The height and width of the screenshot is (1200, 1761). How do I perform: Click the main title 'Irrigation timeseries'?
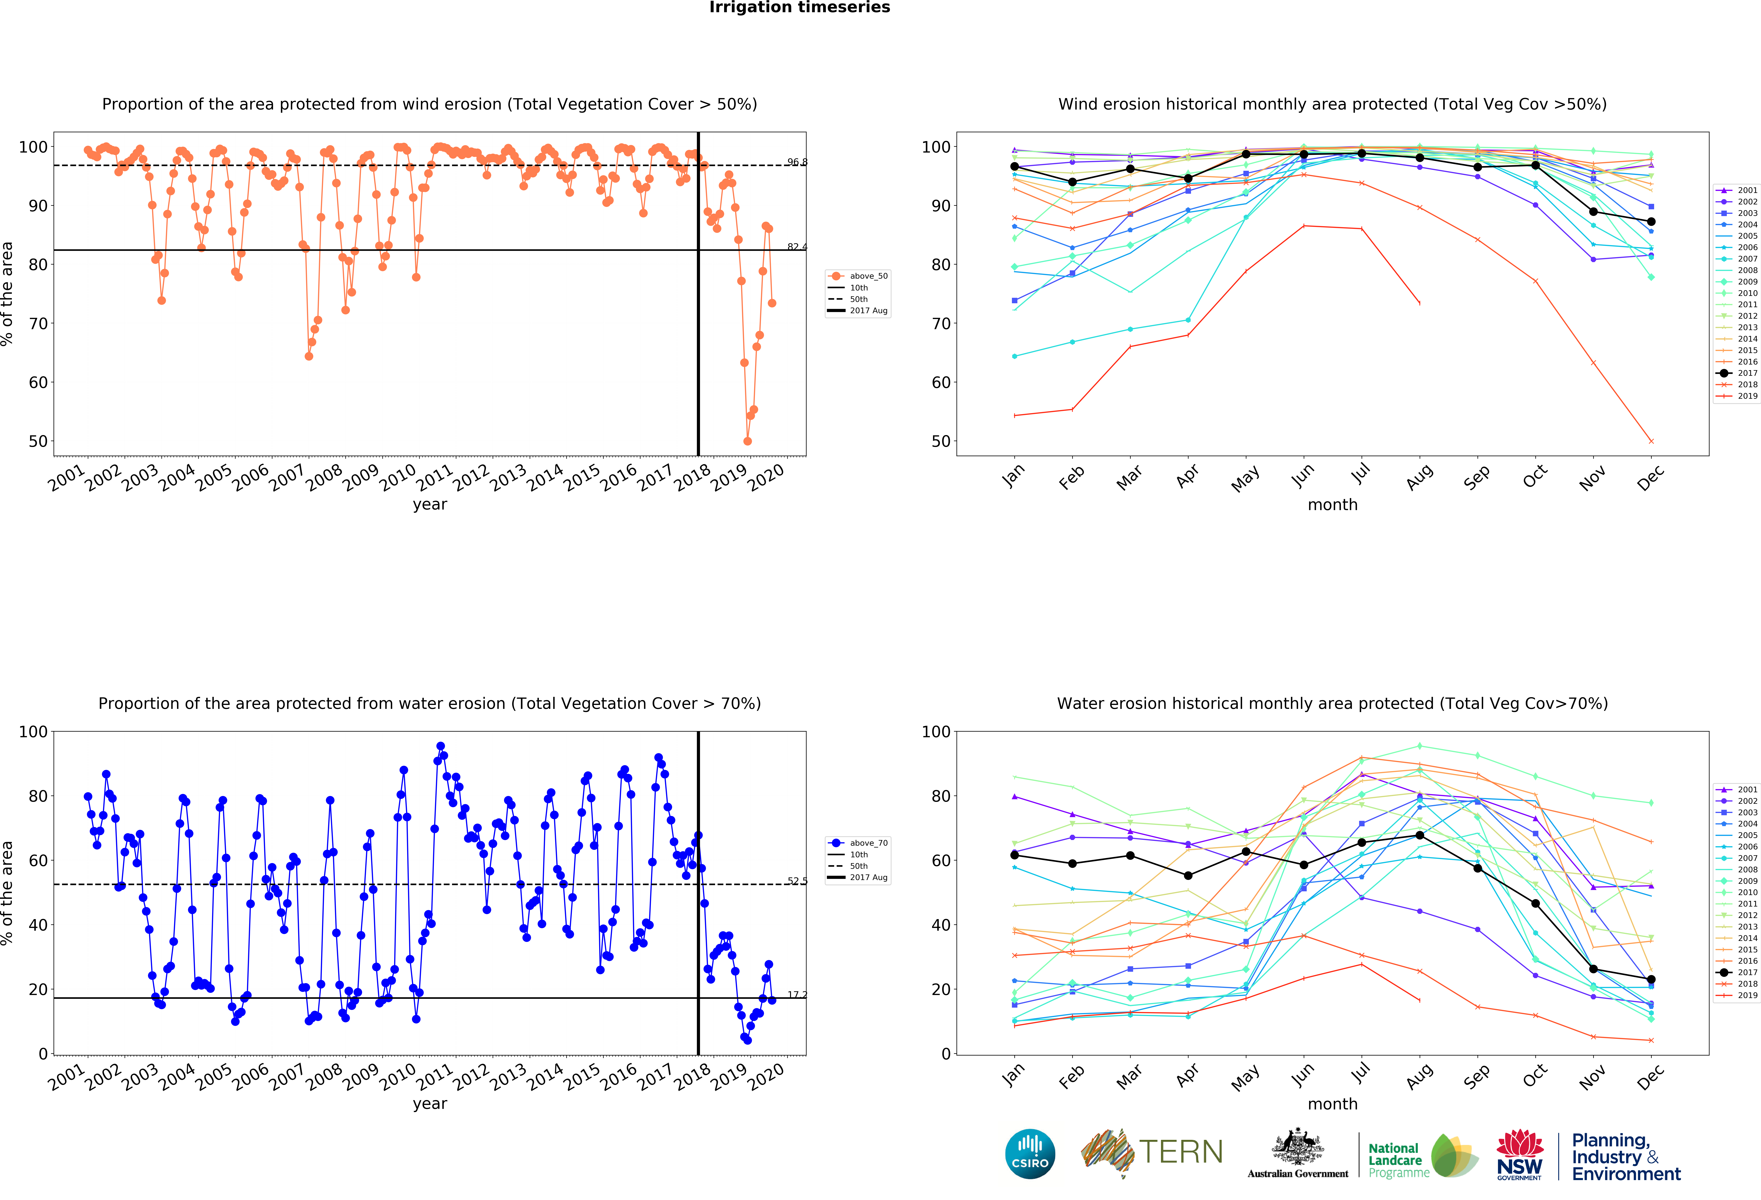(799, 8)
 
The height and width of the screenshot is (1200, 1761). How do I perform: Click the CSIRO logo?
(1030, 1154)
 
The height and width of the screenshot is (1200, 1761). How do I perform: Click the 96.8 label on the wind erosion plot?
(796, 162)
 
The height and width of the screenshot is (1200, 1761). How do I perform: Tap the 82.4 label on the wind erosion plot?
(796, 247)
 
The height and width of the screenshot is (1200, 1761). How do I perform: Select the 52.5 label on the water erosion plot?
(796, 881)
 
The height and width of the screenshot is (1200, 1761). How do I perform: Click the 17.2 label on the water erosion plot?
(796, 995)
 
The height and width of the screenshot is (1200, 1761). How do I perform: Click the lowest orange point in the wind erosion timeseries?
(747, 441)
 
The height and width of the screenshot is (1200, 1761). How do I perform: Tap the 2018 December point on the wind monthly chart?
(1651, 441)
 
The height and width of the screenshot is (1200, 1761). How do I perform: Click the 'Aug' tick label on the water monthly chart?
(1419, 1076)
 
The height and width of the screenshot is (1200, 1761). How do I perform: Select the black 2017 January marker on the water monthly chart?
(1015, 855)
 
